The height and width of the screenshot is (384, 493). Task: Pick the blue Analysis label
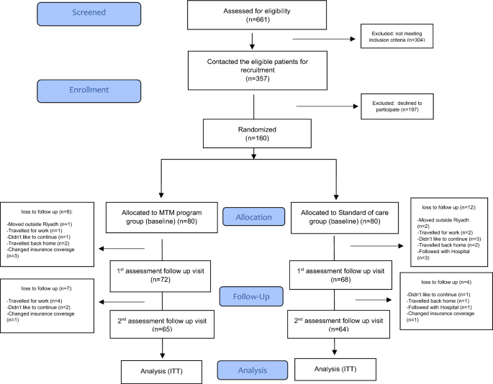coord(248,370)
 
